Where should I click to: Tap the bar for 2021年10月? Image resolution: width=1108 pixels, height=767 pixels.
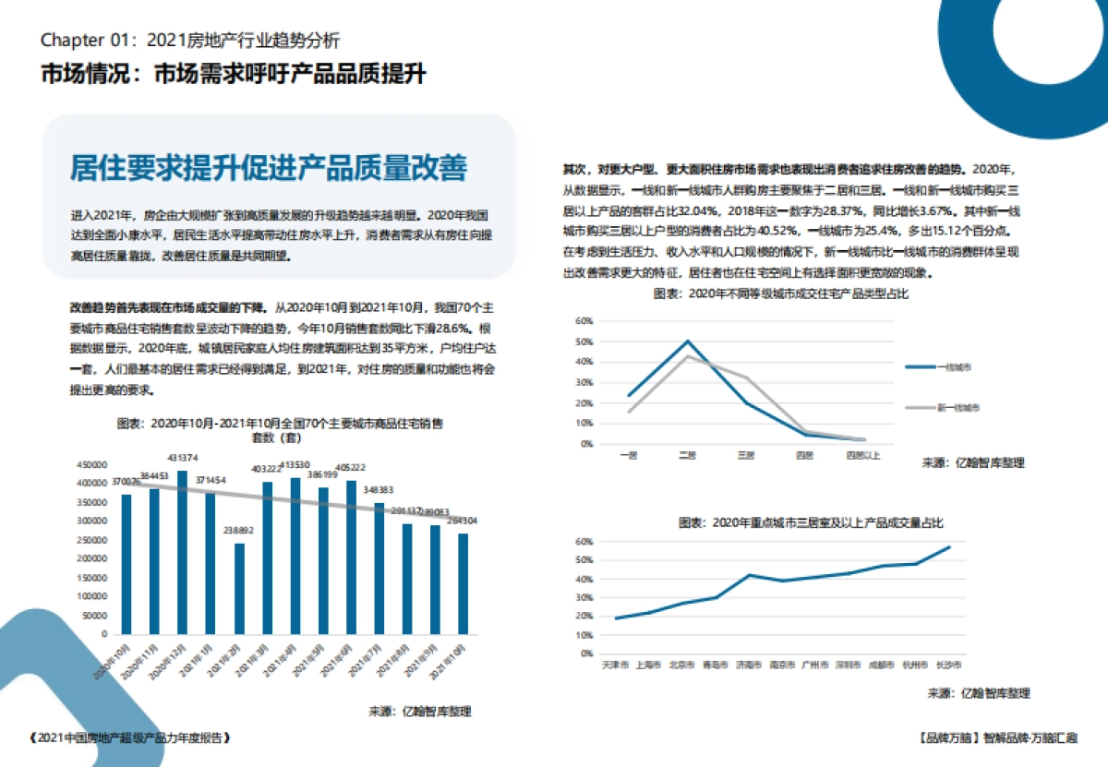tap(464, 582)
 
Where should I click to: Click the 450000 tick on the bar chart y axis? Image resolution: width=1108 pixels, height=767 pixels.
tap(92, 464)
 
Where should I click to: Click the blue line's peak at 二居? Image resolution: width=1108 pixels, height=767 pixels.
tap(687, 342)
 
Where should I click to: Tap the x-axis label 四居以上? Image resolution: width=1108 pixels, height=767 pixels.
tap(863, 455)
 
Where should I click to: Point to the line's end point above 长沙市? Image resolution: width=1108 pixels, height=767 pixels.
tap(948, 547)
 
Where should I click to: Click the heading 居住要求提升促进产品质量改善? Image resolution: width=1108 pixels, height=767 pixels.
tap(269, 168)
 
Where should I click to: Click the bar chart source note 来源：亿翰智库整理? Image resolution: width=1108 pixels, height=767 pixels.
tap(420, 712)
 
